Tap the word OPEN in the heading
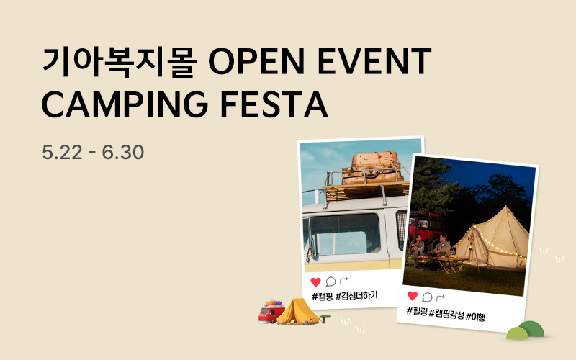256,61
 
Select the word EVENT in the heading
374,61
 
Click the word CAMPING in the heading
125,104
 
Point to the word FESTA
274,104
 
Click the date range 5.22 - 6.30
93,152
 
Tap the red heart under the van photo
315,282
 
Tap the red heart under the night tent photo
413,296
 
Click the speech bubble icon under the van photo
330,282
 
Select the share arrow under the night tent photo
441,297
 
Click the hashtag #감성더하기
356,296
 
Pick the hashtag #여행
475,316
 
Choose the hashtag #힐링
417,312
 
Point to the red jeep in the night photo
426,228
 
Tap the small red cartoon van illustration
271,312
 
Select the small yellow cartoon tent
298,312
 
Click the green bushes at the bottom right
526,330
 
